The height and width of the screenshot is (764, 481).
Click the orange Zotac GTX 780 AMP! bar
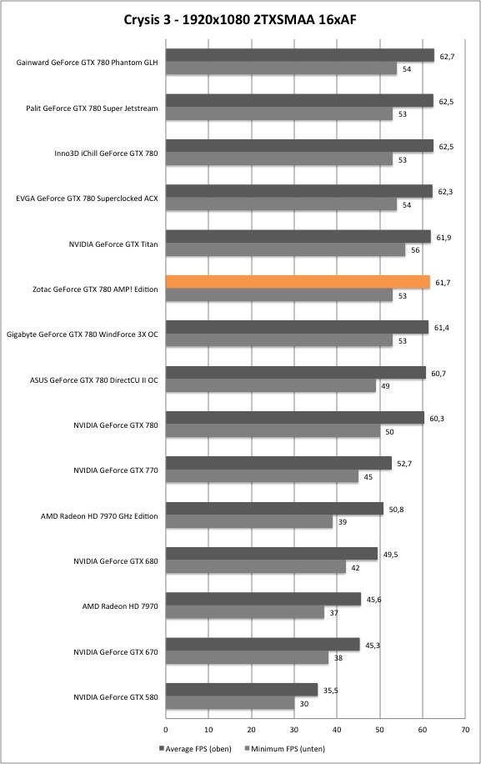298,282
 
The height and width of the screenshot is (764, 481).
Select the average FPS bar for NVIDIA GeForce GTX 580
242,690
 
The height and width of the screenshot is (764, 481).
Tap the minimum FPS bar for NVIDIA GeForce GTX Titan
286,250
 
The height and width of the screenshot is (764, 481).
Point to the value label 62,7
447,57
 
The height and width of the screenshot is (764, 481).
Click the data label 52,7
404,464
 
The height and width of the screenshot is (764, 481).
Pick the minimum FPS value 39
343,522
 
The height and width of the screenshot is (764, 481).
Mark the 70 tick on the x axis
465,730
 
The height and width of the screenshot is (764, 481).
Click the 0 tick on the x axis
166,730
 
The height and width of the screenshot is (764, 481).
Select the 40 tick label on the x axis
337,730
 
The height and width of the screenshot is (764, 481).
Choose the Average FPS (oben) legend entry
195,748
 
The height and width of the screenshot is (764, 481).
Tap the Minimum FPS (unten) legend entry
285,748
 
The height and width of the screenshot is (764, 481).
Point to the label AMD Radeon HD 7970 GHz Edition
99,516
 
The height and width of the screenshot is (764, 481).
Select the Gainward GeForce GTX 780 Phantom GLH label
88,63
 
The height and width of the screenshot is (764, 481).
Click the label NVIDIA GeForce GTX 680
116,560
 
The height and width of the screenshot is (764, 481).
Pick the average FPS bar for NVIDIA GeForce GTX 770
279,464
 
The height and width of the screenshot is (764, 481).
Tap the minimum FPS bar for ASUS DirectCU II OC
271,386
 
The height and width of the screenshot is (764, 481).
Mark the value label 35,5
331,690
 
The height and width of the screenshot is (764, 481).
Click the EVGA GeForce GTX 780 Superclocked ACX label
88,199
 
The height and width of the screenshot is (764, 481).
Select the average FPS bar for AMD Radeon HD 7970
263,600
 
